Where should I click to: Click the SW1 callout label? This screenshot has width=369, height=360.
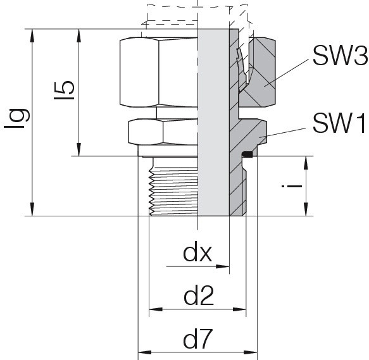(339, 123)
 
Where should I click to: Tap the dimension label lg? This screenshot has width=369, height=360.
(17, 118)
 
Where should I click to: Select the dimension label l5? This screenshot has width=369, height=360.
(64, 90)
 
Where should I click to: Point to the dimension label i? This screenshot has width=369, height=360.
(292, 186)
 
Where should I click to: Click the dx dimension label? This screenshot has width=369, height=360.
(197, 254)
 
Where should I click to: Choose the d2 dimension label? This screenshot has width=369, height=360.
(199, 296)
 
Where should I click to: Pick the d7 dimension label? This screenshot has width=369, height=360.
(198, 339)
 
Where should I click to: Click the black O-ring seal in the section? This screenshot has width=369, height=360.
(247, 154)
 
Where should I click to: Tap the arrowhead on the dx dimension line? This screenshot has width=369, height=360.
(223, 266)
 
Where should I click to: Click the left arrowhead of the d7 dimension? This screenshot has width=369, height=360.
(145, 352)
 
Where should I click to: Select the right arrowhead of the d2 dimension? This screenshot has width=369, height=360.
(239, 309)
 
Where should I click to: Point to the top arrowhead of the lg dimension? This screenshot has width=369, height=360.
(32, 36)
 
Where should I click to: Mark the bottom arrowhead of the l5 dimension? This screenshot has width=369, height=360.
(79, 149)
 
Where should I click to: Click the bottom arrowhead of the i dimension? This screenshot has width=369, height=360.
(306, 209)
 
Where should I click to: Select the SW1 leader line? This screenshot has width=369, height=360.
(282, 132)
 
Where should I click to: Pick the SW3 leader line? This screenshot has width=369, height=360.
(285, 73)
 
